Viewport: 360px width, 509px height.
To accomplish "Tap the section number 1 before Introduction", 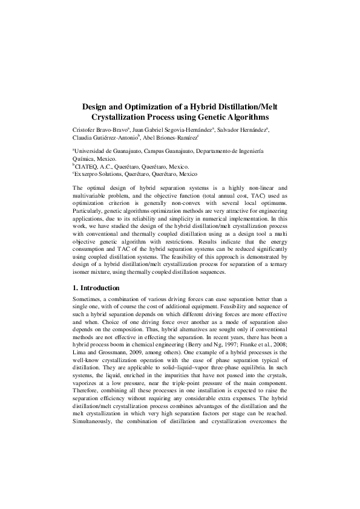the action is [74, 288].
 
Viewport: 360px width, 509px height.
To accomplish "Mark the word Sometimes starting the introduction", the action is [89, 299].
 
